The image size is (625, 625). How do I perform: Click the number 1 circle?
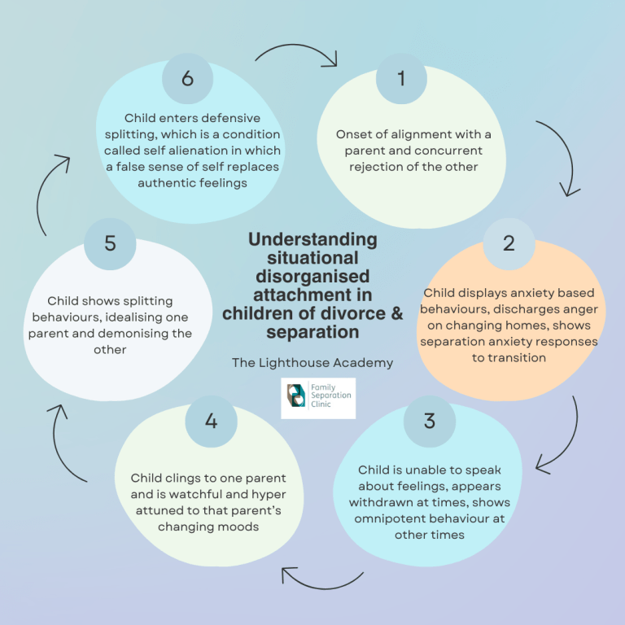(401, 78)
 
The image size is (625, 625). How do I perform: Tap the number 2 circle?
(509, 243)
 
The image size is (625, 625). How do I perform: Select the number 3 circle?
(429, 420)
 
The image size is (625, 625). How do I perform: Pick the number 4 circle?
(211, 421)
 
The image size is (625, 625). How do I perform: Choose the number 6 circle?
(187, 78)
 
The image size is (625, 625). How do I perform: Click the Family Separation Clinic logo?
(318, 398)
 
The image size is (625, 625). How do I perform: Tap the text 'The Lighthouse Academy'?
(312, 362)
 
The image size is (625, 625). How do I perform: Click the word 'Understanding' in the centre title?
(312, 239)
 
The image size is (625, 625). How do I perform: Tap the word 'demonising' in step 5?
(154, 333)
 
